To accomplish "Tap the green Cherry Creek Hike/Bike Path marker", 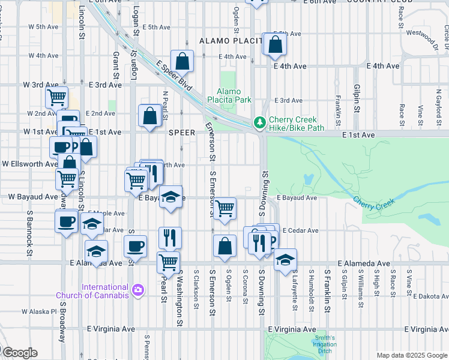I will click(x=259, y=122).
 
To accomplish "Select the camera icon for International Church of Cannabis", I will click(x=139, y=290).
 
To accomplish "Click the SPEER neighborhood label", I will click(x=183, y=132).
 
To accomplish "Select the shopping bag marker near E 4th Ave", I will click(x=181, y=61).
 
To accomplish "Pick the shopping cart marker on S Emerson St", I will click(x=224, y=209).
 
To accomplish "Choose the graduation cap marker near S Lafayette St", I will click(x=286, y=259).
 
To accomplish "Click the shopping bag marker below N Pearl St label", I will click(x=149, y=116).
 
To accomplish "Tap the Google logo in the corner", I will click(x=19, y=353).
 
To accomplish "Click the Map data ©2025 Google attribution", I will click(x=412, y=355).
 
